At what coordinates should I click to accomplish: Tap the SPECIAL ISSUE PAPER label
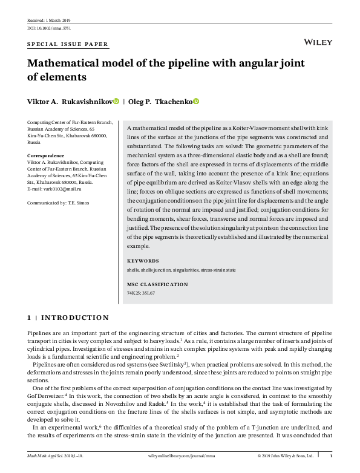tap(68, 45)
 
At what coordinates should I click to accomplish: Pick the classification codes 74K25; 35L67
tap(141, 293)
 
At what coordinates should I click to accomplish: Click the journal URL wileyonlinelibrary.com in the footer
tap(180, 455)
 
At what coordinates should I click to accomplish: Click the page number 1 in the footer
tap(330, 455)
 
